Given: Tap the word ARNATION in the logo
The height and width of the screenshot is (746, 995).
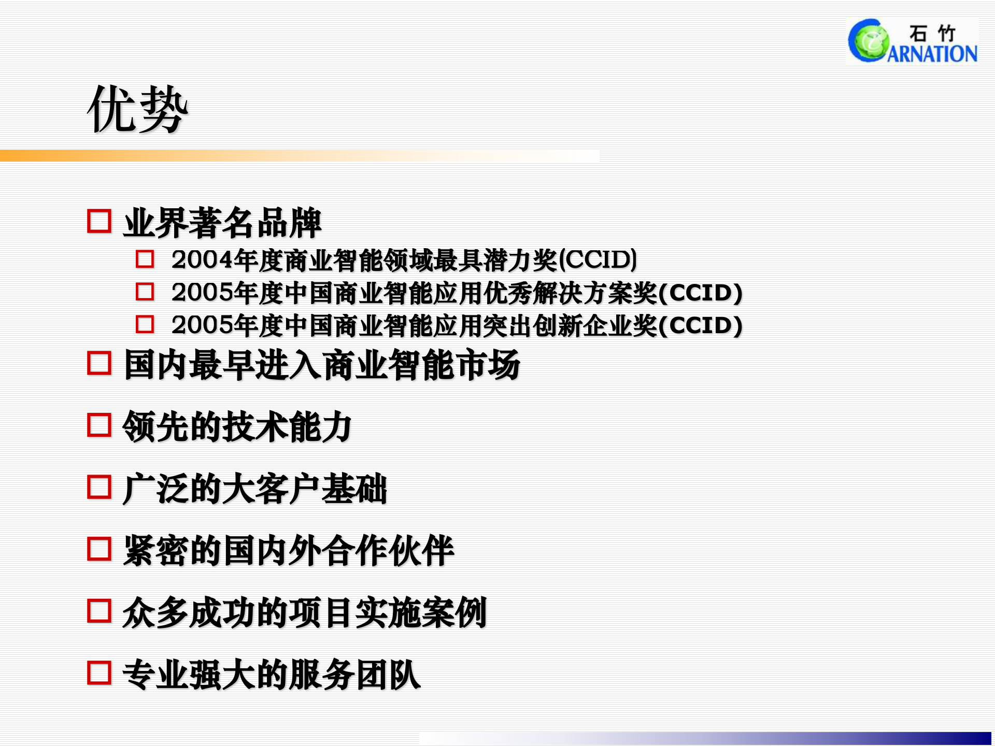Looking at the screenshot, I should tap(933, 54).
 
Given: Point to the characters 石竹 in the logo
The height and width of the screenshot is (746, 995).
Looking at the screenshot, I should tap(932, 33).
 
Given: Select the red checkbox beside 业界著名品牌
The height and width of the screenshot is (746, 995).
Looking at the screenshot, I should tap(99, 221).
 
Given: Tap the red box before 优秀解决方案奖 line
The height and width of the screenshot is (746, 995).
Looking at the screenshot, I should tap(145, 292).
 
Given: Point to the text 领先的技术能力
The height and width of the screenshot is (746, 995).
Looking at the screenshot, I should tap(237, 427).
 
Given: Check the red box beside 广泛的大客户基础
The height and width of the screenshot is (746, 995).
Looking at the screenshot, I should tap(99, 487).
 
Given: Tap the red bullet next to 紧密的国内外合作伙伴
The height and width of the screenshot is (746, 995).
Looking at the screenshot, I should tap(99, 549).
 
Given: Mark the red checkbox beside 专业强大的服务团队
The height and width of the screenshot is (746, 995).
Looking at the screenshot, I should tap(99, 672).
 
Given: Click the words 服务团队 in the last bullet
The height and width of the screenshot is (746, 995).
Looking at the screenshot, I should tap(355, 675).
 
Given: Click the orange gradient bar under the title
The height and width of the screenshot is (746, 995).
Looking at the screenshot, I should tap(207, 155).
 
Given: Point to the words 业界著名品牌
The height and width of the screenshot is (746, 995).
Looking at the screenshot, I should tap(222, 223).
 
